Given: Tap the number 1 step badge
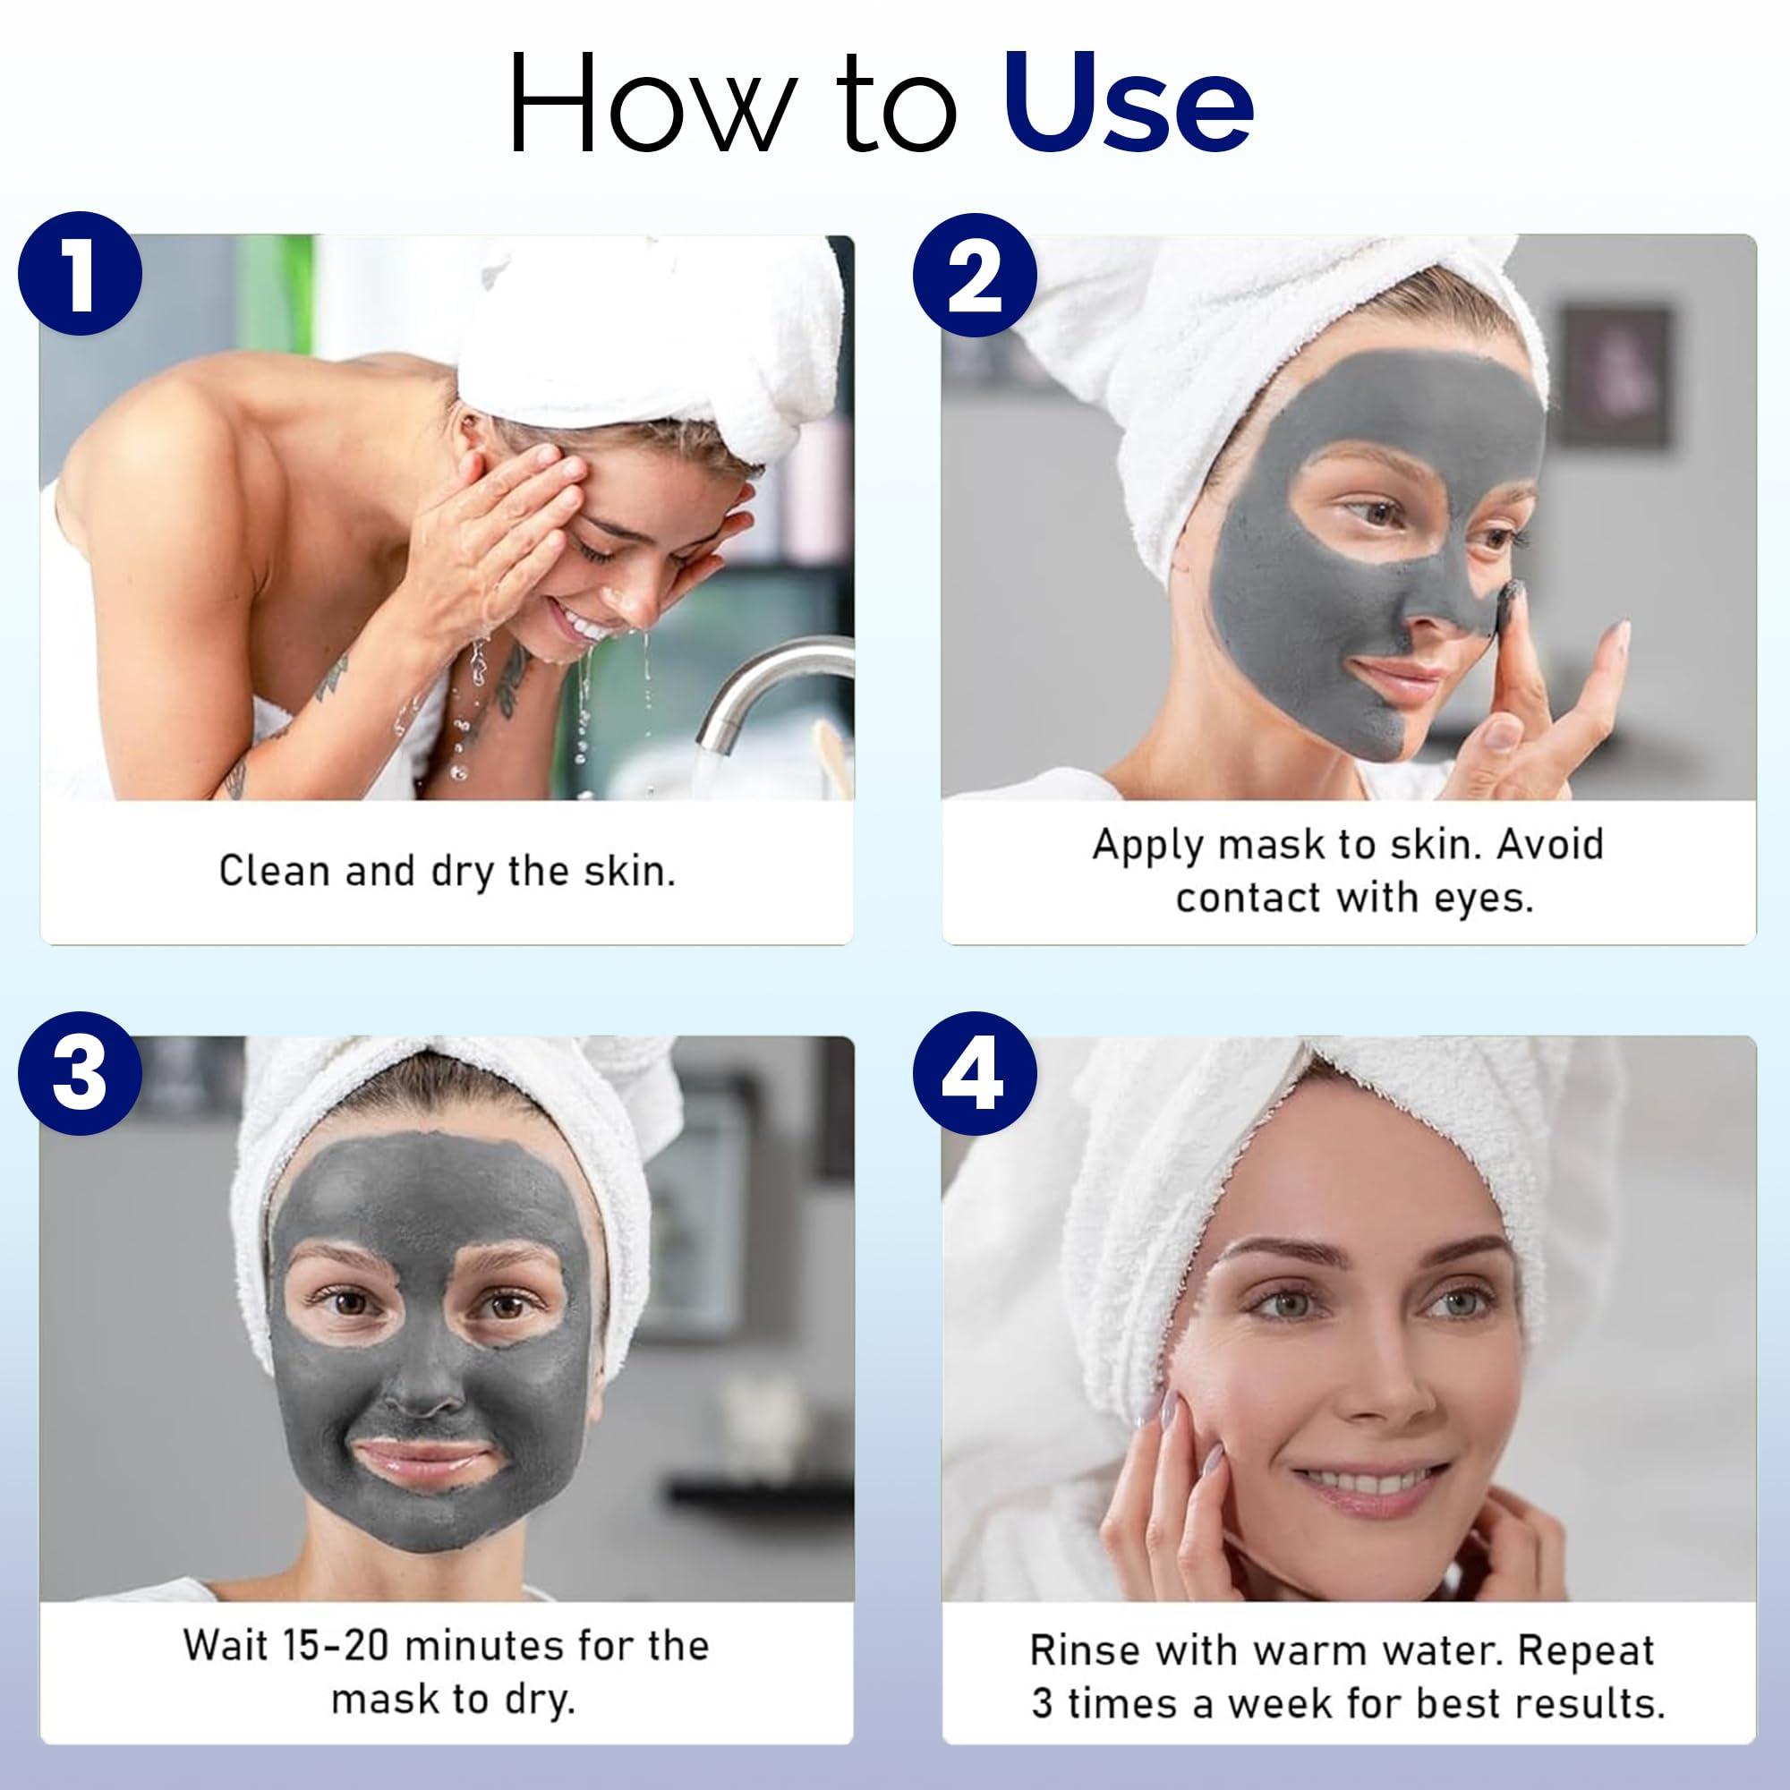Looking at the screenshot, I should point(80,275).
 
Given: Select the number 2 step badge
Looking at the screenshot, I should point(975,275).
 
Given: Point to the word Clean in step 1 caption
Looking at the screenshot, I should point(275,872).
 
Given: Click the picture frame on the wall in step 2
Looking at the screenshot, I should point(1615,378).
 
